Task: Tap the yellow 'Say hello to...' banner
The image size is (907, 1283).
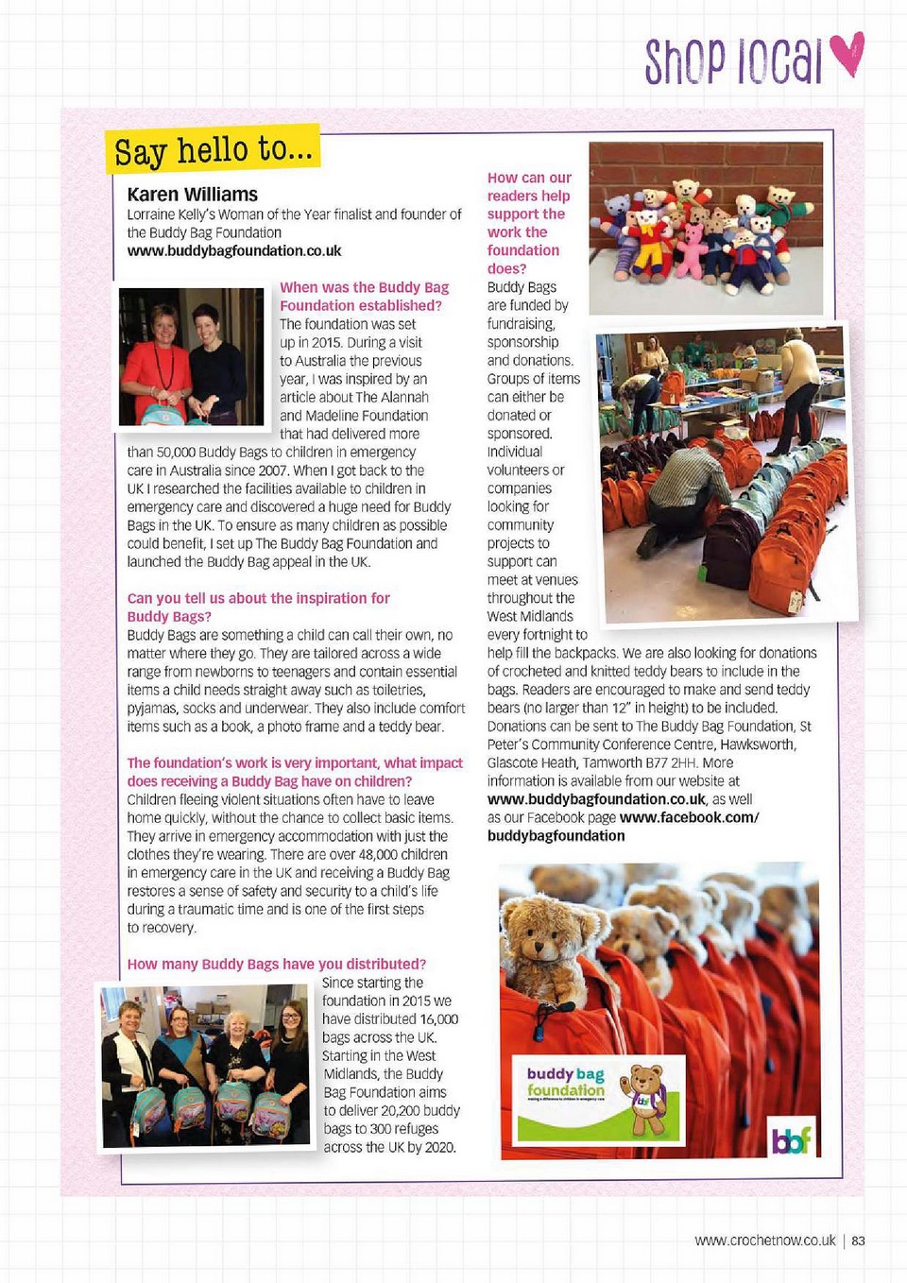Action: coord(213,149)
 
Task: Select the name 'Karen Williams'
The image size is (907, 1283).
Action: coord(192,195)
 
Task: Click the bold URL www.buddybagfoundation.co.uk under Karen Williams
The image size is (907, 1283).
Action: coord(234,251)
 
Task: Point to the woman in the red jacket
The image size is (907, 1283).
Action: coord(158,359)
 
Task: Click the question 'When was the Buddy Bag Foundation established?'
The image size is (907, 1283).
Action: coord(364,297)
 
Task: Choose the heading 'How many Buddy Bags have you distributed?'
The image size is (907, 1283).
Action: coord(277,965)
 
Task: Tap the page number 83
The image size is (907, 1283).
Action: coord(858,1240)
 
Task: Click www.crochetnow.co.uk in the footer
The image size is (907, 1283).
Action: coord(765,1240)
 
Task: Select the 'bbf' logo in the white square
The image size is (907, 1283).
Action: coord(792,1141)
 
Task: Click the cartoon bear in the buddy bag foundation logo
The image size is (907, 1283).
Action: coord(647,1098)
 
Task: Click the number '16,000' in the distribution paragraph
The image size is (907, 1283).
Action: coord(439,1019)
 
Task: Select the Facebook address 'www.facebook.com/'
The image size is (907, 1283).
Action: coord(689,818)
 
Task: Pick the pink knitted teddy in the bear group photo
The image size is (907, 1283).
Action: coord(692,250)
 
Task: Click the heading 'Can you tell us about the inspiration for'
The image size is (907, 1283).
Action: coord(258,599)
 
